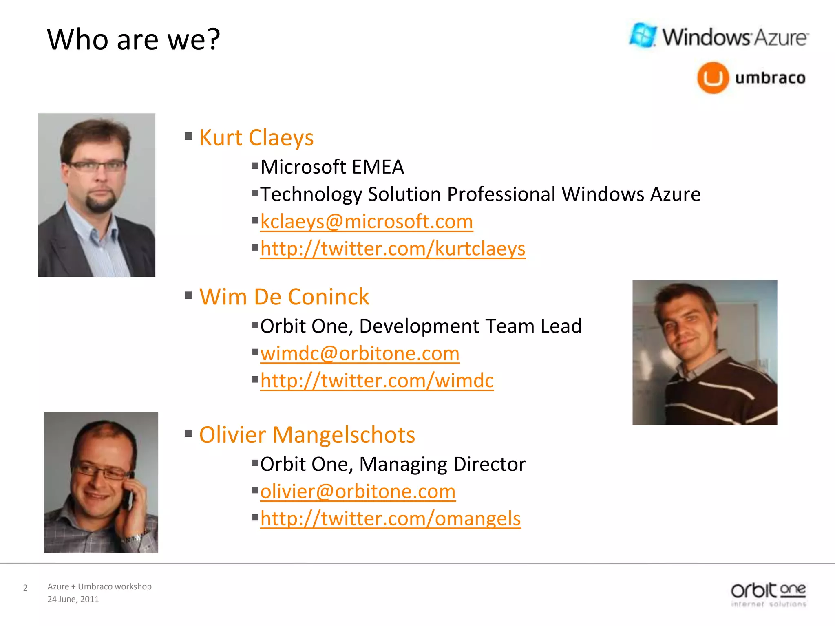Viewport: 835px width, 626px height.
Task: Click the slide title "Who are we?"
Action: tap(133, 40)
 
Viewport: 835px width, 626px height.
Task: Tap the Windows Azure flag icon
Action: tap(643, 35)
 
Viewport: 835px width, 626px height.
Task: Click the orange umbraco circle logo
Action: tap(713, 77)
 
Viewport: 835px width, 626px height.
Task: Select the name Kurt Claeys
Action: tap(256, 138)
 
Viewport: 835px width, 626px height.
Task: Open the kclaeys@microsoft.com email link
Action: tap(366, 222)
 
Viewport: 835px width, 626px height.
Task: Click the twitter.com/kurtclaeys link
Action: tap(392, 249)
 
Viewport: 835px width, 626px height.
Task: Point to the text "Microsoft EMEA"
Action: tap(332, 167)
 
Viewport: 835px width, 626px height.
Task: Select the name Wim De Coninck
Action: tap(284, 297)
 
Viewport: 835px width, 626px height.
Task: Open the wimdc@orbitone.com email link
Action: tap(360, 353)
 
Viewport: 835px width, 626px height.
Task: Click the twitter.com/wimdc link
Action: tap(377, 381)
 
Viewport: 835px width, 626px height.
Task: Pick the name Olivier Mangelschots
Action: tap(307, 435)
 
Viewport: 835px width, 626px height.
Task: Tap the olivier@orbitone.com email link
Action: tap(358, 492)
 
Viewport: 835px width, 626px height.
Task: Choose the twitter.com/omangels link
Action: tap(390, 519)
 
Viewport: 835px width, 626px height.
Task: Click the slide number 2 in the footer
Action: tap(25, 588)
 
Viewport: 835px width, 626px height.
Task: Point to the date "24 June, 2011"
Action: tap(73, 599)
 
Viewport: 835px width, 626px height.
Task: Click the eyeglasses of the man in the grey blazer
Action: tap(96, 166)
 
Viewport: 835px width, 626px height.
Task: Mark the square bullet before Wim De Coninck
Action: tap(188, 295)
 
